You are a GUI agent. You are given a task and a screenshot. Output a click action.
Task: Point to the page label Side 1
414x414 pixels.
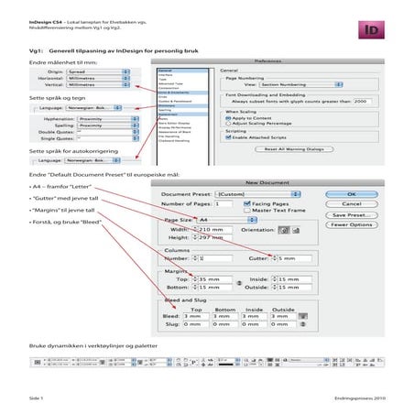coord(37,399)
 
